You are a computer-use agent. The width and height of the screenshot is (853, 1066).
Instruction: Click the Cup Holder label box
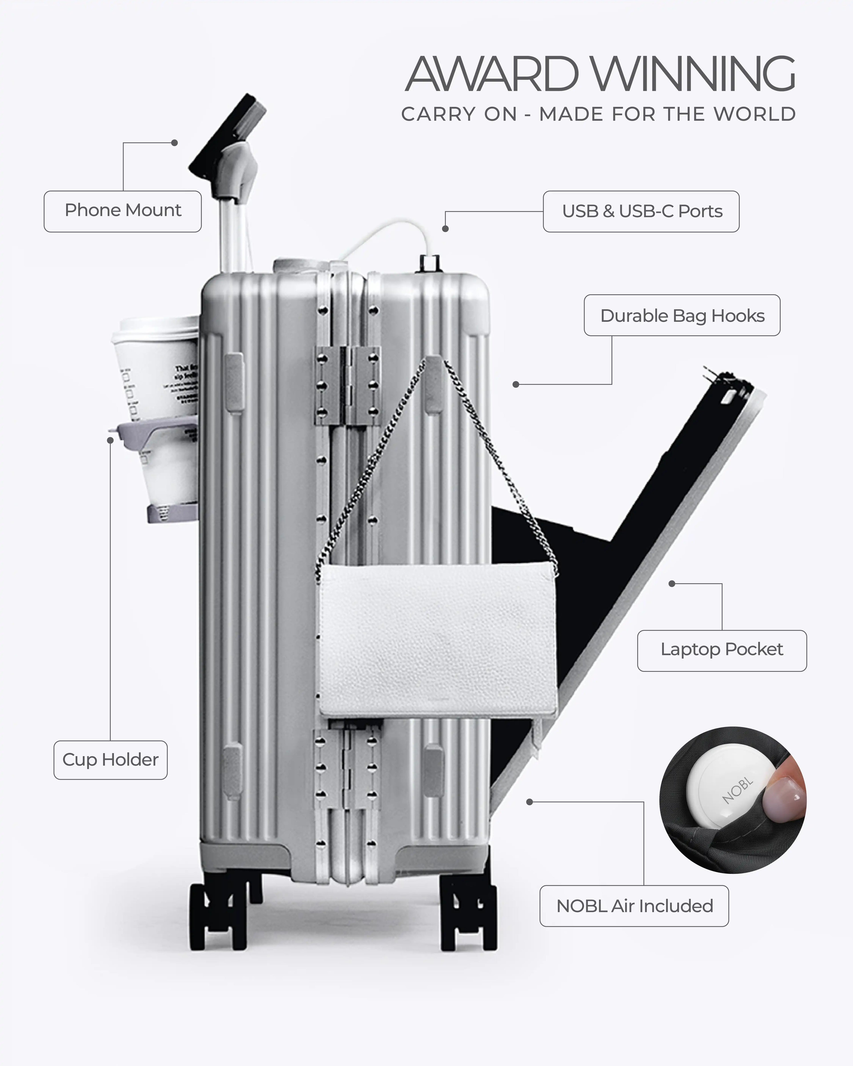[x=110, y=760]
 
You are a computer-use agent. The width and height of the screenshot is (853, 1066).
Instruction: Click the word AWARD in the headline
[x=492, y=74]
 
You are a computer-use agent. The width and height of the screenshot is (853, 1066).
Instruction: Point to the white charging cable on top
[x=391, y=232]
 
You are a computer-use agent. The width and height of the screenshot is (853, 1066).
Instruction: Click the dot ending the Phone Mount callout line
[x=174, y=143]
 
